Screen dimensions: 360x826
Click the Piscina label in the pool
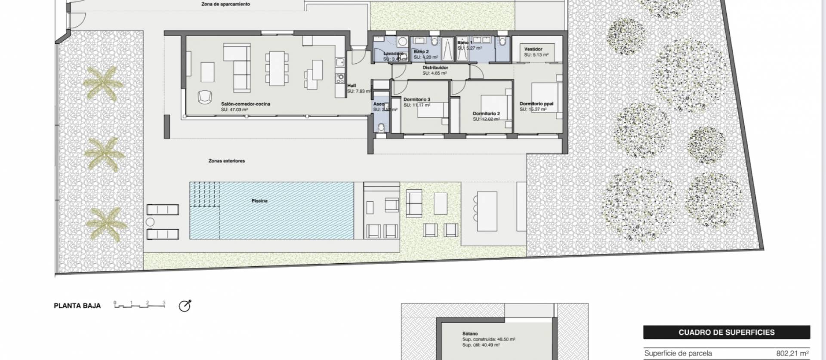[259, 201]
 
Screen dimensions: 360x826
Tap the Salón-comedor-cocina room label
[245, 104]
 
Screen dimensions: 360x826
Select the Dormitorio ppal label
[536, 104]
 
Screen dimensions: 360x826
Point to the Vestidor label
[533, 49]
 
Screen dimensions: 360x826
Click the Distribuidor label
[435, 68]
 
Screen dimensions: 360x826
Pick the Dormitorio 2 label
[486, 114]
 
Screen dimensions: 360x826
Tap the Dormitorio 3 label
[416, 99]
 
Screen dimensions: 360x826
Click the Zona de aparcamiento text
[225, 4]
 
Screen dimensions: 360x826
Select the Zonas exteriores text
[226, 161]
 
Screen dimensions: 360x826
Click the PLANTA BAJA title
[77, 306]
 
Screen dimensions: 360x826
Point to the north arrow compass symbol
[185, 306]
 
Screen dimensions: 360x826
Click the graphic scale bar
[139, 305]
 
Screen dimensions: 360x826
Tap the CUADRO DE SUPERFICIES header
[726, 332]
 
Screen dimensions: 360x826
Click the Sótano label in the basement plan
[470, 333]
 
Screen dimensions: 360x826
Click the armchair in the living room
[205, 97]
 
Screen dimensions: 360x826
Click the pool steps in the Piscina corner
[205, 195]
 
